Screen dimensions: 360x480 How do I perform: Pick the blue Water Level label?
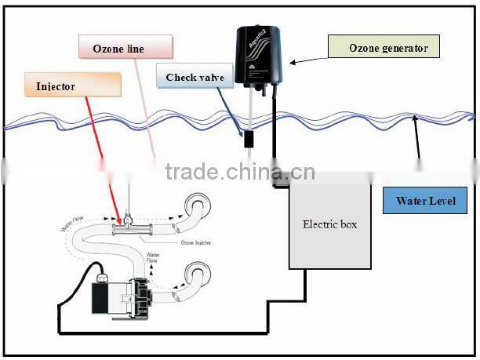[426, 200]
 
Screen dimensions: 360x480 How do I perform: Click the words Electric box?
[330, 224]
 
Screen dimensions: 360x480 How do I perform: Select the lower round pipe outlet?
[197, 276]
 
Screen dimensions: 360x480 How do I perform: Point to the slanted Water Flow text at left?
[73, 226]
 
